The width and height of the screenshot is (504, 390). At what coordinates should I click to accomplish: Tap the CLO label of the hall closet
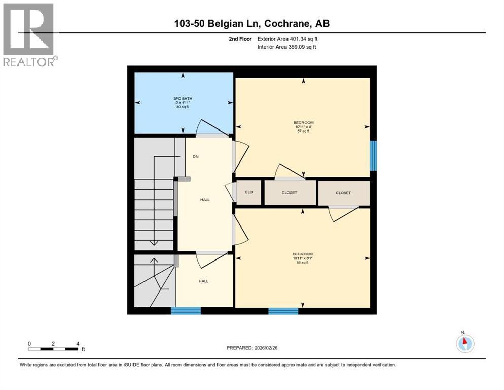(x=248, y=192)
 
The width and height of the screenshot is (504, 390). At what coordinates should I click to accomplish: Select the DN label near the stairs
(x=195, y=156)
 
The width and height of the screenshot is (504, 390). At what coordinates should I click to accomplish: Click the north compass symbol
(x=464, y=343)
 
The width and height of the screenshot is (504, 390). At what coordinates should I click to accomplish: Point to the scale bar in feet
(x=53, y=349)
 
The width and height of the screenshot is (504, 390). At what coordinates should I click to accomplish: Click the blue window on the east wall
(x=373, y=155)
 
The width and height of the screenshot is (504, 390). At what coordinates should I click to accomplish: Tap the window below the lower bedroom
(x=283, y=311)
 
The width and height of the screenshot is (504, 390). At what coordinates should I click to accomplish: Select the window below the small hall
(x=186, y=311)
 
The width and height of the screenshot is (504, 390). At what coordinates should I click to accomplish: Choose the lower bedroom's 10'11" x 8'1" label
(x=302, y=258)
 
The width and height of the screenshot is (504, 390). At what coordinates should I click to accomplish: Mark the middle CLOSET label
(x=290, y=192)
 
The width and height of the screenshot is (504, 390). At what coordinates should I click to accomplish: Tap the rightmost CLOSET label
(x=343, y=193)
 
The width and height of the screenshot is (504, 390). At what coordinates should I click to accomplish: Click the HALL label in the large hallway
(x=205, y=200)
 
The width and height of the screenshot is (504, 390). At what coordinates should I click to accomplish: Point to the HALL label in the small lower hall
(x=203, y=281)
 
